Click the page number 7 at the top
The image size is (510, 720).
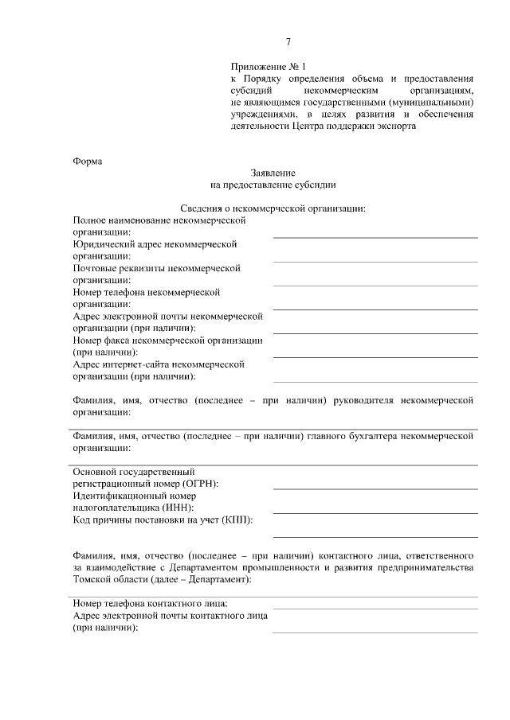[288, 42]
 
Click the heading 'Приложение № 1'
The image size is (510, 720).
[267, 68]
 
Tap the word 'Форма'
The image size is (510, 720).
[88, 161]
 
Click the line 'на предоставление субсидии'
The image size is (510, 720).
[273, 185]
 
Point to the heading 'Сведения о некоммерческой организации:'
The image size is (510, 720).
[273, 208]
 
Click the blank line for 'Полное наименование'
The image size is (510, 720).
[375, 235]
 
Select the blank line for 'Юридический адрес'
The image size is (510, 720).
[375, 260]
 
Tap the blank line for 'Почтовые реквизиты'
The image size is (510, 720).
[375, 284]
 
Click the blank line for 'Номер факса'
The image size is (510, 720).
[375, 356]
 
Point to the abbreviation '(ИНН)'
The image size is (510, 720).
[178, 508]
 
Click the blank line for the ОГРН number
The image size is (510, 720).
[375, 488]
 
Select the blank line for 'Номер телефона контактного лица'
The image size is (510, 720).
[375, 607]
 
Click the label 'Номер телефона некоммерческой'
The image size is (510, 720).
[145, 292]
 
